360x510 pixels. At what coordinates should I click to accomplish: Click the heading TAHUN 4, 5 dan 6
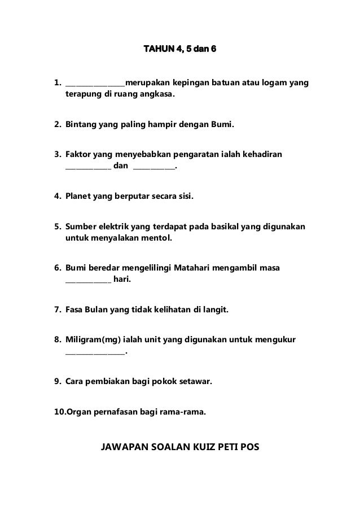click(x=179, y=52)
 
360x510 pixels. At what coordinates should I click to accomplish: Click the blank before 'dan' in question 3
click(x=88, y=168)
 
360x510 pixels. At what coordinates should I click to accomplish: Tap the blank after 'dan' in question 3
click(x=153, y=168)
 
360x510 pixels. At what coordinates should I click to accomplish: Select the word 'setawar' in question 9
click(x=195, y=382)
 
